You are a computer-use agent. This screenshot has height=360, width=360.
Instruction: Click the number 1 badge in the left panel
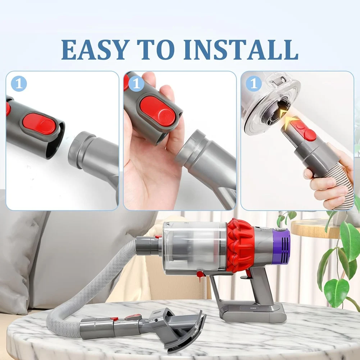click(x=18, y=84)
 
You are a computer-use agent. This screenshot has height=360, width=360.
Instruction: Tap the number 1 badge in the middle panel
click(x=136, y=84)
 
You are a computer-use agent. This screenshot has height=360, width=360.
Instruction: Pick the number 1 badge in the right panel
click(x=254, y=84)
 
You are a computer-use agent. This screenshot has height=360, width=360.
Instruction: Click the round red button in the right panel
click(x=310, y=135)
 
